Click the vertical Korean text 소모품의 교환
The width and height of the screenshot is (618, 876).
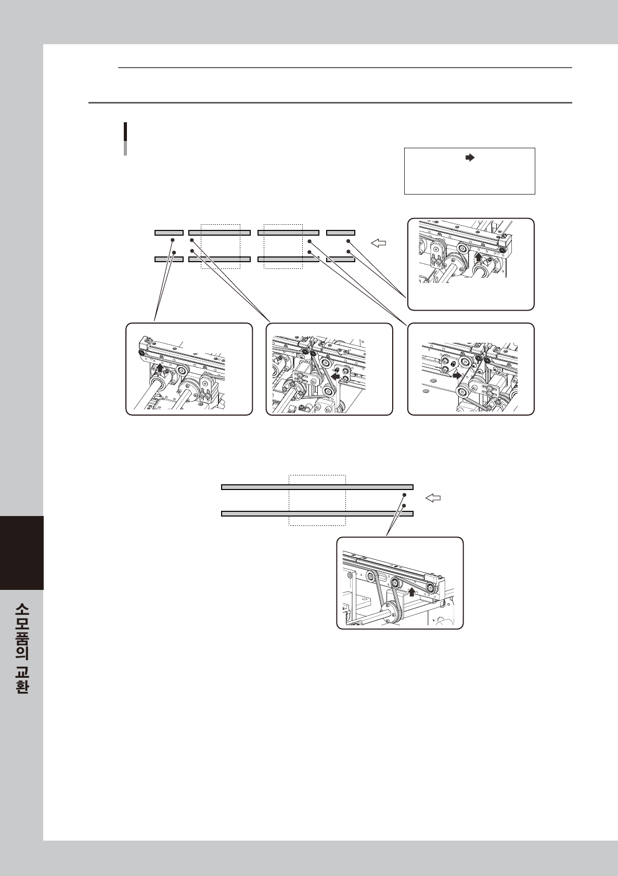(x=22, y=653)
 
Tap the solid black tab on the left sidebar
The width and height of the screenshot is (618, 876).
(x=22, y=552)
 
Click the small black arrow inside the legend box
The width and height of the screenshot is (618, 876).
(x=470, y=158)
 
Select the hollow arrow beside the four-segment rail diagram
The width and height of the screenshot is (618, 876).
(x=378, y=243)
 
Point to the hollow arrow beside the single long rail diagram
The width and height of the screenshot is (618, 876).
(x=433, y=498)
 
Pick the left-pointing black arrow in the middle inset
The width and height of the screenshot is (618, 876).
(x=335, y=376)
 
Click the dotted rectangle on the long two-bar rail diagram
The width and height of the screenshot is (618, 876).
(x=317, y=500)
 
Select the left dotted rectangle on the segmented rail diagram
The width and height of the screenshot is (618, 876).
(x=220, y=247)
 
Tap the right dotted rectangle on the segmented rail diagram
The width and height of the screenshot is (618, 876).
(x=283, y=247)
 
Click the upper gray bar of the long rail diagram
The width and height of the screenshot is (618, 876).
(x=317, y=487)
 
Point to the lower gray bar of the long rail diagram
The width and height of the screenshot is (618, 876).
(x=317, y=513)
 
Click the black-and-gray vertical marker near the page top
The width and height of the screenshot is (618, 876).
(x=125, y=139)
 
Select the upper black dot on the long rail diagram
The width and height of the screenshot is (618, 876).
(x=404, y=495)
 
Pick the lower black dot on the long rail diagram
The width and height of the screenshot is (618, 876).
(x=404, y=506)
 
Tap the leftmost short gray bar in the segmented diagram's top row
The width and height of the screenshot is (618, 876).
(x=169, y=233)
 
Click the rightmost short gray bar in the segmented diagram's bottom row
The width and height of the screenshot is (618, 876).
(x=341, y=259)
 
